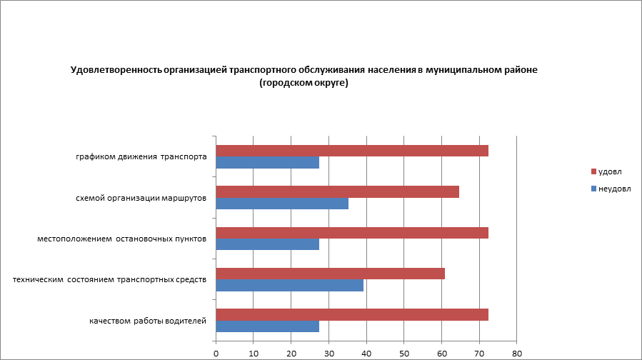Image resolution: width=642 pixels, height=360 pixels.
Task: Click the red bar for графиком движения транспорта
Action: pyautogui.click(x=351, y=151)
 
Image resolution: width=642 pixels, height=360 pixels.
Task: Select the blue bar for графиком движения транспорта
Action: pyautogui.click(x=267, y=163)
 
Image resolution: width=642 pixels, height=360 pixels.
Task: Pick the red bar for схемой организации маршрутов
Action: pyautogui.click(x=337, y=191)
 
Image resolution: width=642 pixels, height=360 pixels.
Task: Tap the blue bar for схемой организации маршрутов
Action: pyautogui.click(x=282, y=204)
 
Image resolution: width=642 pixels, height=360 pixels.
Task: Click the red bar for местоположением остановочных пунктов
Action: pyautogui.click(x=351, y=232)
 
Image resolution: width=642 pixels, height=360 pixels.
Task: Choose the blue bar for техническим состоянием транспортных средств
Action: pyautogui.click(x=289, y=286)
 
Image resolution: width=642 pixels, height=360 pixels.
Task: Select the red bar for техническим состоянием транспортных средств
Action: pyautogui.click(x=330, y=274)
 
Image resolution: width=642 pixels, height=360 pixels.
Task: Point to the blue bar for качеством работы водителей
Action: pyautogui.click(x=267, y=326)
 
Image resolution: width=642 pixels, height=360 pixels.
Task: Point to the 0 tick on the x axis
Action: pyautogui.click(x=216, y=353)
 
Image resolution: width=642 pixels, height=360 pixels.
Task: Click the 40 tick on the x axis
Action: pyautogui.click(x=366, y=353)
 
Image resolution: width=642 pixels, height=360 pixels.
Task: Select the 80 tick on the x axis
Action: pyautogui.click(x=517, y=353)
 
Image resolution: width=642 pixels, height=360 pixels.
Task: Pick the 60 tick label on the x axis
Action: pyautogui.click(x=441, y=353)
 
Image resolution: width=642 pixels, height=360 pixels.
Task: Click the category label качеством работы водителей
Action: pyautogui.click(x=148, y=321)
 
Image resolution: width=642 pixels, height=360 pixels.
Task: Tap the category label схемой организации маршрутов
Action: pyautogui.click(x=141, y=198)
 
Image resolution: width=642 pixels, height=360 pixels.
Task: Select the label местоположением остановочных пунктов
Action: pyautogui.click(x=121, y=239)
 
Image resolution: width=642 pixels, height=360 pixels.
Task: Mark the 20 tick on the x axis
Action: pyautogui.click(x=291, y=353)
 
